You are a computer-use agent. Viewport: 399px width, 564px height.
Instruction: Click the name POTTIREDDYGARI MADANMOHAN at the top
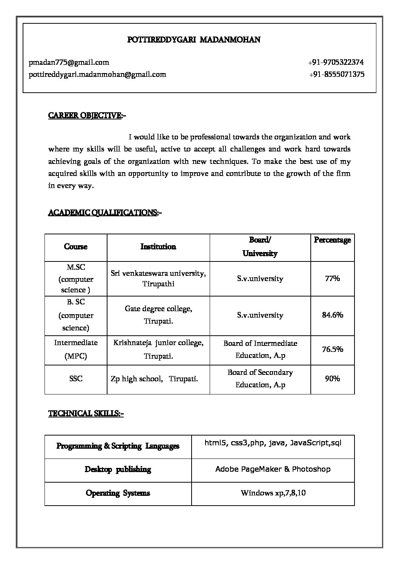194,40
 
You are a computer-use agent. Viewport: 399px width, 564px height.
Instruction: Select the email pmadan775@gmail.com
69,62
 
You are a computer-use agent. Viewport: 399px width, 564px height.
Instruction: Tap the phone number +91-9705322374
336,62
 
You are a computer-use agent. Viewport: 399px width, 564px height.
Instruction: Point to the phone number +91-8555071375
336,74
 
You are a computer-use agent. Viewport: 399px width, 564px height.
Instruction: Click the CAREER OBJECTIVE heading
85,115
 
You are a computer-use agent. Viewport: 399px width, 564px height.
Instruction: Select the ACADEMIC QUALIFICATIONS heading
103,213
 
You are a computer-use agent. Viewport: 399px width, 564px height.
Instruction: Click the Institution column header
158,247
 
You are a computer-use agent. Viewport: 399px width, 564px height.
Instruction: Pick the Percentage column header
332,240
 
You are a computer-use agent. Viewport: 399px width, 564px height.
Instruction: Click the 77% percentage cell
332,279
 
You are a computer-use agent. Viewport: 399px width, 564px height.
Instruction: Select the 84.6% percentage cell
332,315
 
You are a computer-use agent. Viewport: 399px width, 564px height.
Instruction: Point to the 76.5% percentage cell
332,349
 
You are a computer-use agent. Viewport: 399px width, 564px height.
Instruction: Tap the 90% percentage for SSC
332,379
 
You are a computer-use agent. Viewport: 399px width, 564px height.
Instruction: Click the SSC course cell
76,379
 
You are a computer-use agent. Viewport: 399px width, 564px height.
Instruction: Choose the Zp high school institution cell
154,379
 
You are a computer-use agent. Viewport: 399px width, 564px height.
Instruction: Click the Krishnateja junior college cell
158,349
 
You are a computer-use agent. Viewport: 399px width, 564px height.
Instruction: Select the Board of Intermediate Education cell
260,349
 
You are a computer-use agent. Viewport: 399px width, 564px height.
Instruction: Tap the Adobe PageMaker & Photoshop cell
273,469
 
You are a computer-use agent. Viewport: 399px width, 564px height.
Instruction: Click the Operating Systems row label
118,493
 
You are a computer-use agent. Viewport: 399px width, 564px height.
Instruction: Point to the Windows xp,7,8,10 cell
273,493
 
